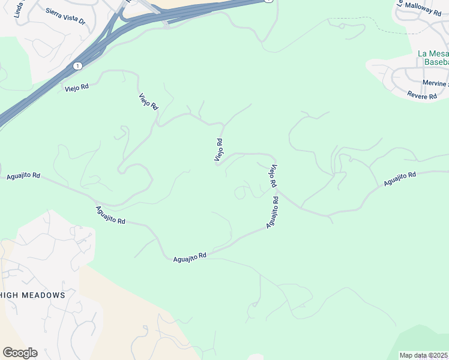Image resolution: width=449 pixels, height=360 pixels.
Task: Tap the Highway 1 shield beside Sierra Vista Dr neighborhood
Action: (77, 65)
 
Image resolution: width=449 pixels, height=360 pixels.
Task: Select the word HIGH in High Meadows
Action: (11, 295)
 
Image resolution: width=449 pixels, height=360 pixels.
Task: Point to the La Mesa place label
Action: (433, 53)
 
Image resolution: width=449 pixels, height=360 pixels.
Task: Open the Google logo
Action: (20, 353)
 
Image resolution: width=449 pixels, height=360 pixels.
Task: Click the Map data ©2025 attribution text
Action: (424, 355)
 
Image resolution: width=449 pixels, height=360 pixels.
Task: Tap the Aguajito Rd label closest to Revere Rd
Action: (400, 178)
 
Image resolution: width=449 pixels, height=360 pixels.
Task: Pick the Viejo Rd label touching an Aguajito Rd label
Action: (273, 175)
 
